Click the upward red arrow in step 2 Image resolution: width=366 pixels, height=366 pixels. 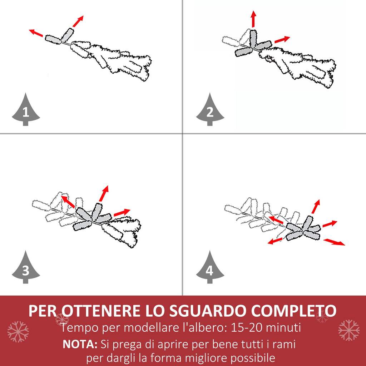pyautogui.click(x=253, y=19)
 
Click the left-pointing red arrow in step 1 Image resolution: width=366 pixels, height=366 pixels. pyautogui.click(x=36, y=33)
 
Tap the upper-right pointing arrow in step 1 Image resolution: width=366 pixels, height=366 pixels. pyautogui.click(x=78, y=21)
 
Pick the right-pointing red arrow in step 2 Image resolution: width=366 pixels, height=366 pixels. pyautogui.click(x=282, y=39)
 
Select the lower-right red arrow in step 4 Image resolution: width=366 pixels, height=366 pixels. pyautogui.click(x=334, y=242)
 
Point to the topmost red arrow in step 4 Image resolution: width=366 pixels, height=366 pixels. pyautogui.click(x=316, y=206)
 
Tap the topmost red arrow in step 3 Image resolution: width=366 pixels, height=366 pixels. pyautogui.click(x=104, y=193)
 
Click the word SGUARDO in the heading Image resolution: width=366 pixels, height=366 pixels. pyautogui.click(x=208, y=311)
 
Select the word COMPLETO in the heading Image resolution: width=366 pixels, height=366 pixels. pyautogui.click(x=294, y=311)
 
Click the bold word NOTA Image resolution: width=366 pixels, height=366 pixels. pyautogui.click(x=80, y=344)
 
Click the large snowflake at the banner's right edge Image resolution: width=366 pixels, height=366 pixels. pyautogui.click(x=349, y=330)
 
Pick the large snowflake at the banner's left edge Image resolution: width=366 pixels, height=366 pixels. pyautogui.click(x=18, y=332)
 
